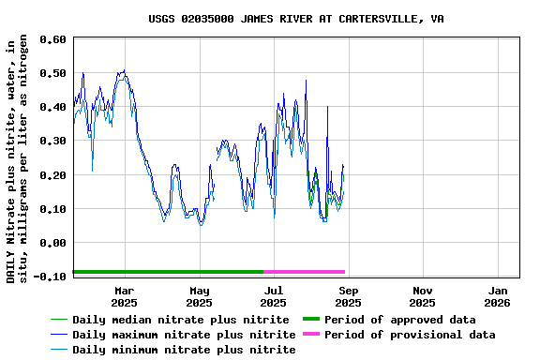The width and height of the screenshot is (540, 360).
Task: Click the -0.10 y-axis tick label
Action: point(52,277)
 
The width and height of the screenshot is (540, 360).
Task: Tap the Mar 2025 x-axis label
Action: point(124,296)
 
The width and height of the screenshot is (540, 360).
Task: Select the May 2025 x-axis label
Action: point(199,296)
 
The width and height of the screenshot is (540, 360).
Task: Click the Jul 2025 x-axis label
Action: point(273,296)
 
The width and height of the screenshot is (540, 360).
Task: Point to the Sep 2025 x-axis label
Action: point(348,296)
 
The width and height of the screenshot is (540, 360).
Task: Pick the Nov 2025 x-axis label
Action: point(422,296)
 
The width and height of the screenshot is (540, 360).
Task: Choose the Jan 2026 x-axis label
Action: point(497,296)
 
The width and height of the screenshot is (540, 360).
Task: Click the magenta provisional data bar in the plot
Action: point(305,272)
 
